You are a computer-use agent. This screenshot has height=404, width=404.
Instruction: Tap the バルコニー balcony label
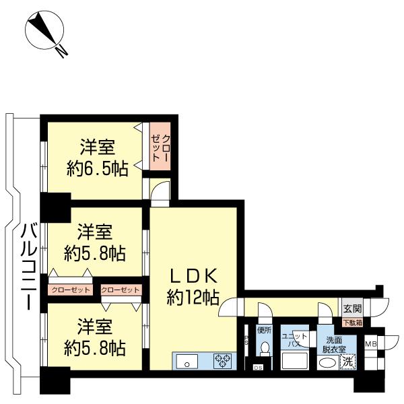click(x=27, y=266)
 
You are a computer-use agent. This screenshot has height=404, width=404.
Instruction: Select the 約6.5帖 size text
click(x=98, y=169)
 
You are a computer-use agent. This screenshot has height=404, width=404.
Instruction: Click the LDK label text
click(x=193, y=275)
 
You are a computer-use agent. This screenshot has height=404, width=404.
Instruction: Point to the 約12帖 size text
click(x=193, y=296)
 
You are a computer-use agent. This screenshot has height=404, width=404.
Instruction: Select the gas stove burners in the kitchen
click(x=222, y=361)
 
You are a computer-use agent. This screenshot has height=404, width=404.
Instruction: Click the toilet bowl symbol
click(x=264, y=349)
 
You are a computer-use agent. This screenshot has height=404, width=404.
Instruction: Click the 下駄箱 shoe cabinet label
click(x=353, y=323)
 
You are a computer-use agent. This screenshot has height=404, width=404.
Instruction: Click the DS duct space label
click(x=258, y=368)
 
